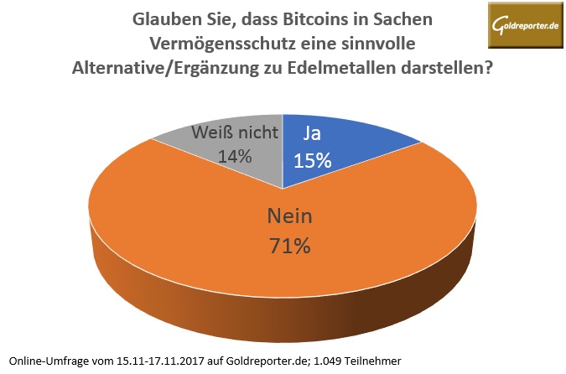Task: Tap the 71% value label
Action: (x=290, y=247)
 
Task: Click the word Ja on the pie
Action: (x=312, y=134)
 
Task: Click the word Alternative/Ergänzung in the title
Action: (x=170, y=67)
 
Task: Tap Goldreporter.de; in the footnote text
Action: (x=264, y=360)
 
